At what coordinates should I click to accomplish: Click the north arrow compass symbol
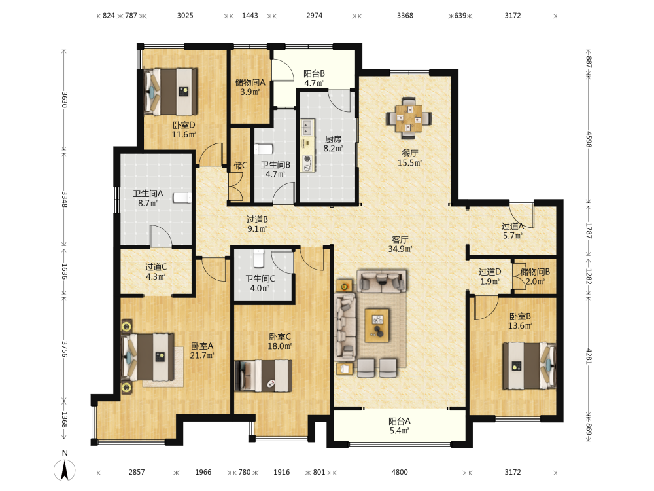65,469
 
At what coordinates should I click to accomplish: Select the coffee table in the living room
377,325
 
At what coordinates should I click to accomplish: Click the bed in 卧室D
171,92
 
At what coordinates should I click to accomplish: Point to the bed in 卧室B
529,366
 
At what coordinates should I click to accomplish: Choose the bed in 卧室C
263,376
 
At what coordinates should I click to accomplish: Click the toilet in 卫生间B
263,149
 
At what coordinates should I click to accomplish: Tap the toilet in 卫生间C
258,258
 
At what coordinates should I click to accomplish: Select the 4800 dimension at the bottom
400,472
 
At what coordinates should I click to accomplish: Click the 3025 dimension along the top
185,16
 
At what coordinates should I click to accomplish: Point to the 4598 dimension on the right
589,139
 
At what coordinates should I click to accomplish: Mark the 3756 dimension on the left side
64,349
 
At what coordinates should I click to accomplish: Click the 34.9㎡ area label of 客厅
400,249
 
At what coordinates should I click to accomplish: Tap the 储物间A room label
250,82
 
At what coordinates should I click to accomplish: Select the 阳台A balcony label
400,421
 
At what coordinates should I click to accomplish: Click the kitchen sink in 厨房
307,127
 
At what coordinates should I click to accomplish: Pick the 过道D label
490,272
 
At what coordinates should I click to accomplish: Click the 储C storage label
240,166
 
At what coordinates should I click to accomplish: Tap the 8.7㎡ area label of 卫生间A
148,204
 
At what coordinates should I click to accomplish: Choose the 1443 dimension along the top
250,16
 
